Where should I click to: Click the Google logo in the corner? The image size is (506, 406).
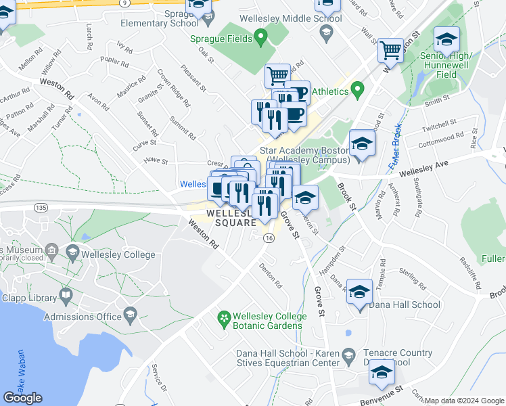coord(22,398)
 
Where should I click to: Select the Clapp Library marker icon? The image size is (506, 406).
coord(66,295)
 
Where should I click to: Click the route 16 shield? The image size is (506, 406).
coord(269,239)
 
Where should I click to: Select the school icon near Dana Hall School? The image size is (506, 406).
coord(360,292)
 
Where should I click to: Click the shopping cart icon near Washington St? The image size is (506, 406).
coord(391,49)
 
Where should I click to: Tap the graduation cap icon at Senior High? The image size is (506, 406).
coord(446,39)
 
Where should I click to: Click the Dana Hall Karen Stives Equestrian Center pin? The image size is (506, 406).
coord(348,355)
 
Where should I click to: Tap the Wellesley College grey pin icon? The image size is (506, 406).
coord(72,253)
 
